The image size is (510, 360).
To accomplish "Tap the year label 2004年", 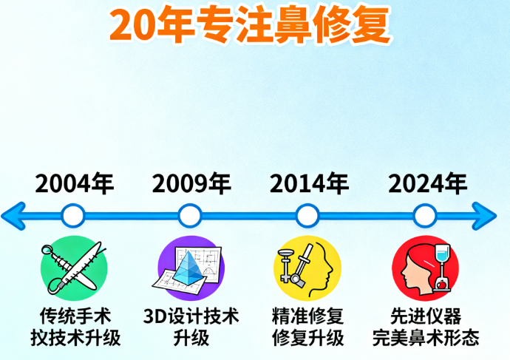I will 73,183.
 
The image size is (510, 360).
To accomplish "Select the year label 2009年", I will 191,183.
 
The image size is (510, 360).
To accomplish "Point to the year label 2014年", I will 308,183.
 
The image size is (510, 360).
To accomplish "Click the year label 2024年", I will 426,183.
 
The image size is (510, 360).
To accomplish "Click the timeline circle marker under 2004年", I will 73,216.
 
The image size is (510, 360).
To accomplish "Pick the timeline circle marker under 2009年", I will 191,216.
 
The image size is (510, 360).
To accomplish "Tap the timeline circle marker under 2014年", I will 307,216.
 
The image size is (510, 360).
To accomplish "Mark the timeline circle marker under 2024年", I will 424,216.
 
